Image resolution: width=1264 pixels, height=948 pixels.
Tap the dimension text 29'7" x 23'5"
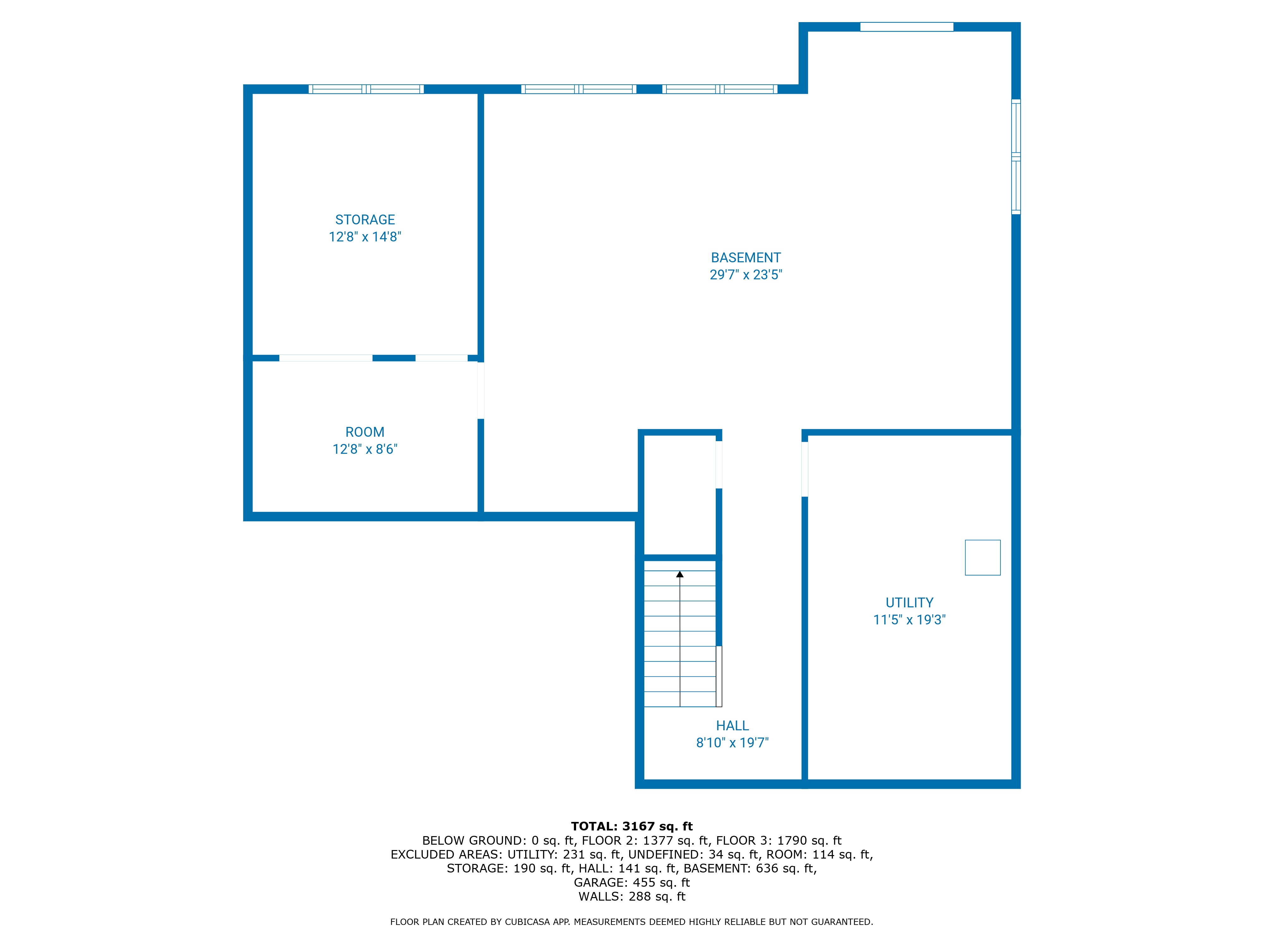click(746, 275)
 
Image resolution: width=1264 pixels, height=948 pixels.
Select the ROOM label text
click(365, 432)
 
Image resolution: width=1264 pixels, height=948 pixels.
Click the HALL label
click(732, 726)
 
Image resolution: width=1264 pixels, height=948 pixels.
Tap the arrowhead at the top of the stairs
click(679, 574)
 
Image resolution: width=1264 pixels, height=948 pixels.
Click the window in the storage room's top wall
click(366, 89)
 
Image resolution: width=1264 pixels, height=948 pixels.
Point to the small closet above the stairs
click(679, 494)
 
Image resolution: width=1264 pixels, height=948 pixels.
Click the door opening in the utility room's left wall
click(805, 469)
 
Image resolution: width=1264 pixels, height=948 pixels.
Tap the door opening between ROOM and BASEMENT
click(481, 390)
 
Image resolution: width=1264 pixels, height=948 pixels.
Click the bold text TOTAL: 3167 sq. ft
click(631, 826)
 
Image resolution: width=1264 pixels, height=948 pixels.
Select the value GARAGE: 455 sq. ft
click(631, 882)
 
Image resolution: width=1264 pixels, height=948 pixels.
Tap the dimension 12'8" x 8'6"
click(365, 449)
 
